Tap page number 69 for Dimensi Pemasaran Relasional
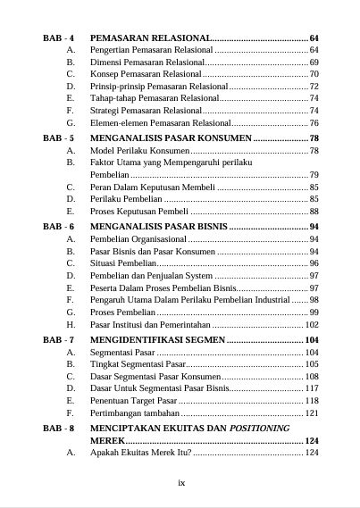point(314,62)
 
